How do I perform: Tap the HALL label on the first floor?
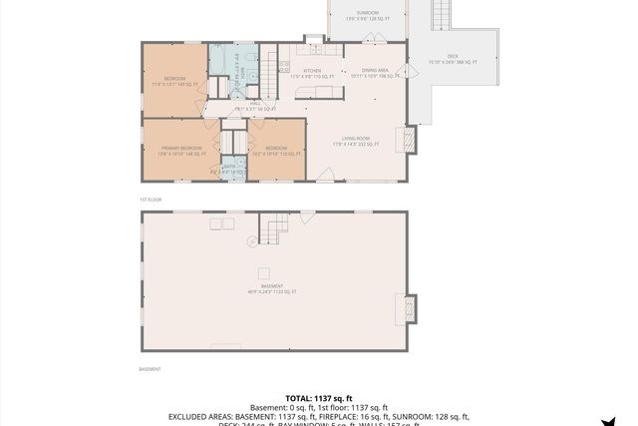coord(254,105)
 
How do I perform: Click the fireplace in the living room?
coord(406,138)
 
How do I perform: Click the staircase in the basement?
coord(274,232)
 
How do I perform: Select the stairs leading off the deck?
coord(442,15)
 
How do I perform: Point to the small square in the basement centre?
coord(264,272)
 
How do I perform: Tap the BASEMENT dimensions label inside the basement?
coord(272,288)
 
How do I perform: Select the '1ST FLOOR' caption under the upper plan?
coord(151,200)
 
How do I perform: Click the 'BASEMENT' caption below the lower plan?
coord(150,368)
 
